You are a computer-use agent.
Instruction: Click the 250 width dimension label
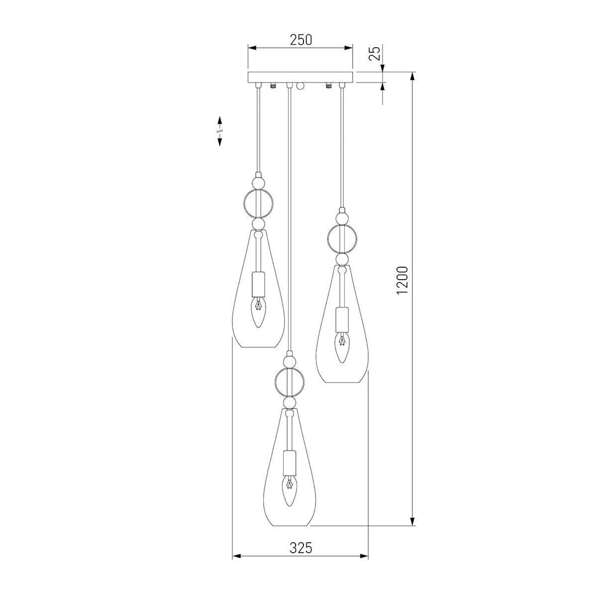(301, 40)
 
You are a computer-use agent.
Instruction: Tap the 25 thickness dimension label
(375, 53)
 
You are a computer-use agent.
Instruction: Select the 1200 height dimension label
(402, 281)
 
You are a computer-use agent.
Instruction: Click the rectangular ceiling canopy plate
(300, 77)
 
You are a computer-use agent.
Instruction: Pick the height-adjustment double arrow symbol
(220, 131)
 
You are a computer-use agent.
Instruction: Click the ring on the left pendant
(244, 204)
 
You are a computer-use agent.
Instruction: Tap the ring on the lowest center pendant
(276, 382)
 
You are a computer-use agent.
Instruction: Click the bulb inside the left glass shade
(258, 312)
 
